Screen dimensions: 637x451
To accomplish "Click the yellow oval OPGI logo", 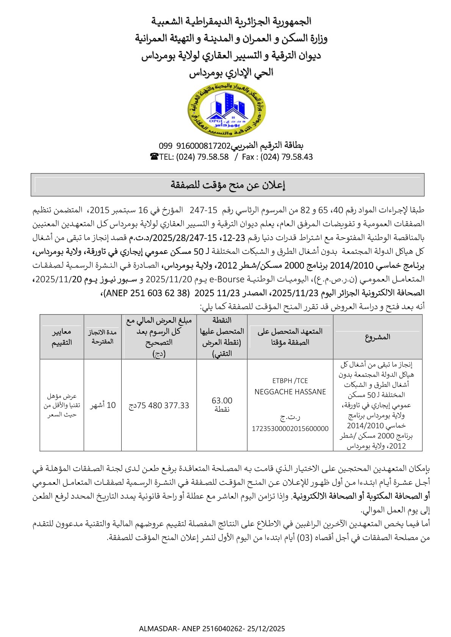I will click(x=226, y=110).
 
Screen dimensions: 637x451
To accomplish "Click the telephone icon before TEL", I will click(x=154, y=157).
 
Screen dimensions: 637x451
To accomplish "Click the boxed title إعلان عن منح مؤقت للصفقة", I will click(x=227, y=185).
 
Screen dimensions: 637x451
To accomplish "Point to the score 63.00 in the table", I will click(x=222, y=401).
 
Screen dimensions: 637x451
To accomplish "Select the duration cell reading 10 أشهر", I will click(x=103, y=405).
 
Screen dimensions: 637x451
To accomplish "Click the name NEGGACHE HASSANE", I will click(x=290, y=392).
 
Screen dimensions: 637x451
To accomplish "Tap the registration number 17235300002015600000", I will click(x=290, y=429).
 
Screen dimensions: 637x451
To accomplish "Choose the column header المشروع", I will click(x=377, y=337).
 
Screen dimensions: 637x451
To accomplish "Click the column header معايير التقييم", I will click(x=62, y=337).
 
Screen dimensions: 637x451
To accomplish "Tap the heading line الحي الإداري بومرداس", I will click(x=231, y=72).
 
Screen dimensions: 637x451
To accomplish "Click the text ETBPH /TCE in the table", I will click(x=290, y=381).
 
